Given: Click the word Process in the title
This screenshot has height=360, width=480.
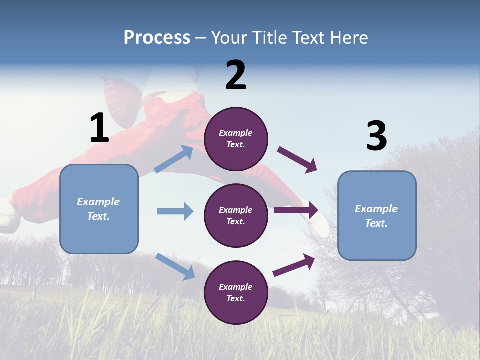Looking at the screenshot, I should tap(157, 38).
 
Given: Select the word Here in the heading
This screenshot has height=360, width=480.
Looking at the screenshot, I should tap(349, 38).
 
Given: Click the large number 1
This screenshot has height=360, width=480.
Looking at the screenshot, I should tap(99, 128).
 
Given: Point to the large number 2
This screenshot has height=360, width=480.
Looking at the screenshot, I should tap(236, 75).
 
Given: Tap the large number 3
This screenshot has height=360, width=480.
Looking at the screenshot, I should tap(377, 136).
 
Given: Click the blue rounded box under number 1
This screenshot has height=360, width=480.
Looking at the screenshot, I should tap(99, 209).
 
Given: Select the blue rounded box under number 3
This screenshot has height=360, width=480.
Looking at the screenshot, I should tap(377, 215).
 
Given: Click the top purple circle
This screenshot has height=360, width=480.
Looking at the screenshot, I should tap(236, 139).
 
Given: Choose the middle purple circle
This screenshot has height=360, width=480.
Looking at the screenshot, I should tap(236, 215).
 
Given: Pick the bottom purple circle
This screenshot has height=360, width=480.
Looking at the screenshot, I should tap(236, 292).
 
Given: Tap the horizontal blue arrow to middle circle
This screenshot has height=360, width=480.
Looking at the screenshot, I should tap(175, 211).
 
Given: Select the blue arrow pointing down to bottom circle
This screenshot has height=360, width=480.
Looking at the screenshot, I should tap(175, 266).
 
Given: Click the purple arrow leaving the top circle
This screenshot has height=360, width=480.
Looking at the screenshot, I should tap(297, 160).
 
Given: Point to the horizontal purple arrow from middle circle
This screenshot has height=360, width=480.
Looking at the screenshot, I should tap(296, 210).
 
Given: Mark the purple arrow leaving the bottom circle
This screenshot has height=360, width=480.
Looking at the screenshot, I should tap(294, 265).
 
